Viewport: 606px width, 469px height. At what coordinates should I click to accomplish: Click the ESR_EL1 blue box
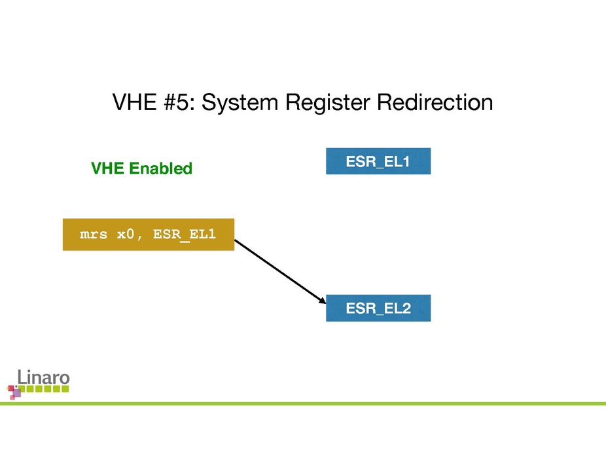[x=378, y=161]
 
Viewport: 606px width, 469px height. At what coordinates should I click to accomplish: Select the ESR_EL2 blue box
[x=378, y=308]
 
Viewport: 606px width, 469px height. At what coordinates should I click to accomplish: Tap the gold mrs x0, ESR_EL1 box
[x=148, y=235]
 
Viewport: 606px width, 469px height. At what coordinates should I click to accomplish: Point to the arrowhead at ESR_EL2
[x=323, y=301]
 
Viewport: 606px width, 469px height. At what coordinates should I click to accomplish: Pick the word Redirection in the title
[x=433, y=103]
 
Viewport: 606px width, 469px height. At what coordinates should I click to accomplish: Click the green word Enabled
[x=160, y=169]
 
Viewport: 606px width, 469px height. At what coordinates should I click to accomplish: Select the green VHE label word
[x=107, y=169]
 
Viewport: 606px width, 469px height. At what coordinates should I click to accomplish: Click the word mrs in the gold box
[x=94, y=235]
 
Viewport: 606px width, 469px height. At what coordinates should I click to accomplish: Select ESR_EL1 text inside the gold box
[x=184, y=235]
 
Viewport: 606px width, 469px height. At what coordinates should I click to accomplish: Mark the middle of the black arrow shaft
[x=279, y=271]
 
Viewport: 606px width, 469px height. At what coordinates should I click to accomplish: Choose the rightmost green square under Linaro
[x=65, y=389]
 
